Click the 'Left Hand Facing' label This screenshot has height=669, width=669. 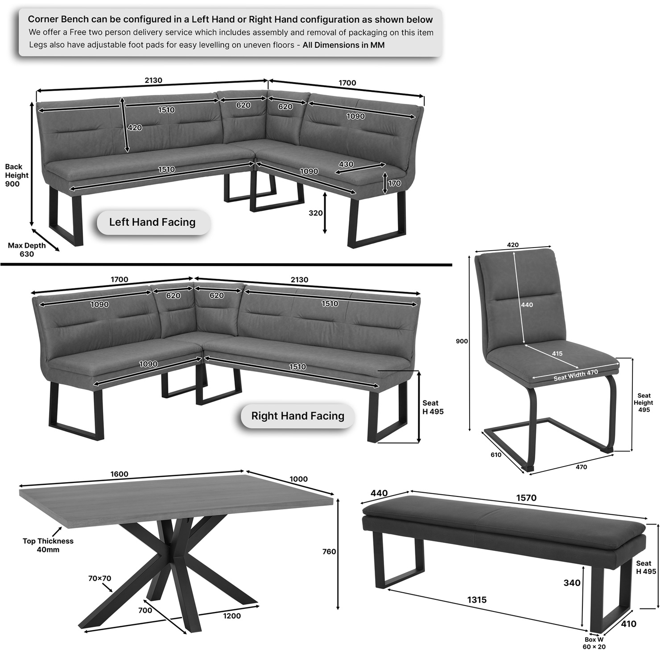(x=153, y=222)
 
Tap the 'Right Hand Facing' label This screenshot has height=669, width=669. (x=297, y=416)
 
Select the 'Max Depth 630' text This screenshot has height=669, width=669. (x=27, y=250)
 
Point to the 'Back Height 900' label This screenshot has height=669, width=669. (x=17, y=175)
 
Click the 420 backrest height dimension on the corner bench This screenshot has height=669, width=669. (x=135, y=128)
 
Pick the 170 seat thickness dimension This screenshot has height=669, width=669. (x=394, y=183)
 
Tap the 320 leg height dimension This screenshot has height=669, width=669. (x=315, y=213)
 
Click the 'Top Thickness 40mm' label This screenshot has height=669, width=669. (x=48, y=545)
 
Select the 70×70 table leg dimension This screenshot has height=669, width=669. (x=99, y=578)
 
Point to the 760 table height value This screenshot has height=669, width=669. (x=329, y=552)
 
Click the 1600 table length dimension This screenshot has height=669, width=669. (x=120, y=474)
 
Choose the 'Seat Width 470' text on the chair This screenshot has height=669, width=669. (x=576, y=375)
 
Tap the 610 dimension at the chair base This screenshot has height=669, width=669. (x=496, y=455)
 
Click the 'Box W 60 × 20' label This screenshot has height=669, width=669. (x=594, y=643)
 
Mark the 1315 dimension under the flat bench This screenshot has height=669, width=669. (x=477, y=600)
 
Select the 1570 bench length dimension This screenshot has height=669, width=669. (x=526, y=498)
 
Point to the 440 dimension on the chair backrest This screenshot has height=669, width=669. (x=527, y=305)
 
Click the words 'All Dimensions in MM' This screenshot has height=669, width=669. (x=343, y=45)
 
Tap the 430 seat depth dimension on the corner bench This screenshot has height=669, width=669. (x=346, y=164)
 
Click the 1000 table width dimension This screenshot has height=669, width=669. (x=298, y=479)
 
